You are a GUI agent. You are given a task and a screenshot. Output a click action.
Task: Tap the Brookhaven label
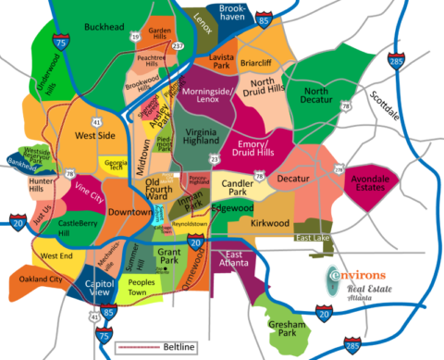239,13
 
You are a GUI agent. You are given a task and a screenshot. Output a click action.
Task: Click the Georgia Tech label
115,167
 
